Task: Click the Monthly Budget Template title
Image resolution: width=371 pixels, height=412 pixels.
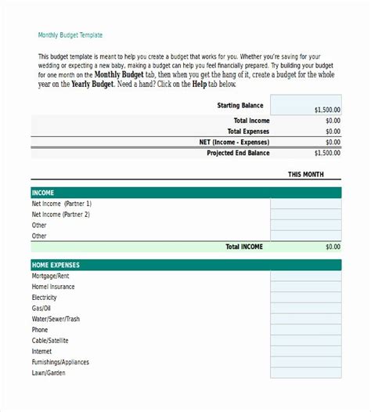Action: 70,35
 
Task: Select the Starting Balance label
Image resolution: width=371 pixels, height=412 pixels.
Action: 240,105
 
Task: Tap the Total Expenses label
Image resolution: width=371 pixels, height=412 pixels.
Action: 248,132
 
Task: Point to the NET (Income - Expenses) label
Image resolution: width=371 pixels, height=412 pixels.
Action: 234,143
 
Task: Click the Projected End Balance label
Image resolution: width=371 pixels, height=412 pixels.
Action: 238,154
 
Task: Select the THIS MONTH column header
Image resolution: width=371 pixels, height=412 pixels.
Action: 305,175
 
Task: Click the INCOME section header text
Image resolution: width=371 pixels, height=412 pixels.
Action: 42,193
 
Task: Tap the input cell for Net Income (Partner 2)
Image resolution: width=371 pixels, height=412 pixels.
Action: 306,214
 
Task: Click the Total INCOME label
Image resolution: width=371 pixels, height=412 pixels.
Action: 244,247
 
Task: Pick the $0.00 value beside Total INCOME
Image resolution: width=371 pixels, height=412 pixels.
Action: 333,247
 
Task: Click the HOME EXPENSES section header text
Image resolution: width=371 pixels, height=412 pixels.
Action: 56,266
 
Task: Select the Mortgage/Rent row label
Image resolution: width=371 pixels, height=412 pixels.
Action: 50,276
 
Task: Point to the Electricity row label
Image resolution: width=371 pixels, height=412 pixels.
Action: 45,298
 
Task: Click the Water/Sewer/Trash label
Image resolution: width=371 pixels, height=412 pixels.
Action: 56,320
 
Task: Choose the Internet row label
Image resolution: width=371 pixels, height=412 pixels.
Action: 43,352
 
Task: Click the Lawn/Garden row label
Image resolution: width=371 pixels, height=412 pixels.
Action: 49,374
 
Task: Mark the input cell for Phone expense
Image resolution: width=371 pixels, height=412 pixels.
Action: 306,330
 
